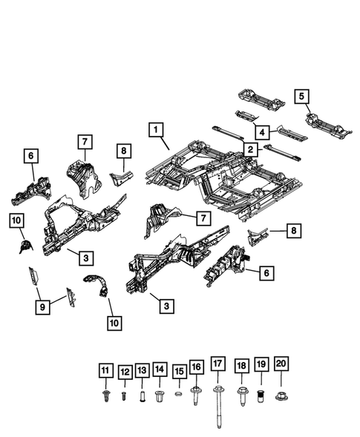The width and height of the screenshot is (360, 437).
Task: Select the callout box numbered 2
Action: [251, 150]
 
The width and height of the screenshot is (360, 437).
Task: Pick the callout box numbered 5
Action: [301, 96]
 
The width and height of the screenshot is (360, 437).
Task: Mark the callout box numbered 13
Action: [142, 369]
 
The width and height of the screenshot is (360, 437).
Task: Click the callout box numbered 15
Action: [179, 369]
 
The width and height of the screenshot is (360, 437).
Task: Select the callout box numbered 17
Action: [217, 364]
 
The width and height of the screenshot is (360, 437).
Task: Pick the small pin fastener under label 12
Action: [125, 395]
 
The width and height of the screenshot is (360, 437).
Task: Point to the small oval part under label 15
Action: [179, 394]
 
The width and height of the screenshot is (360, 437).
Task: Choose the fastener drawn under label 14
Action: [160, 395]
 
